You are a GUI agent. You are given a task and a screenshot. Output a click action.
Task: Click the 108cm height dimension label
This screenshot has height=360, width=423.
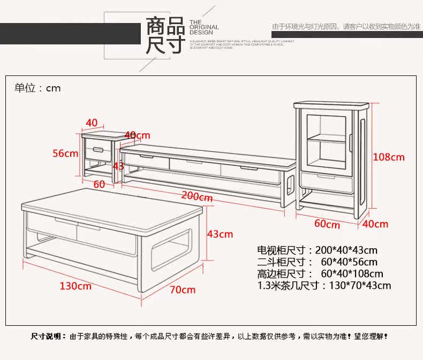[389, 157]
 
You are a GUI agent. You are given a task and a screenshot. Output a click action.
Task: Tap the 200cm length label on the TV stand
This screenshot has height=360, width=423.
[197, 196]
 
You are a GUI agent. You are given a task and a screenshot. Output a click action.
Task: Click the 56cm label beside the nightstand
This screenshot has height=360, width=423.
[65, 154]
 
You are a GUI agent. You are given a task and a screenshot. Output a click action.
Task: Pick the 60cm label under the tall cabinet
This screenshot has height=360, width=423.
[327, 224]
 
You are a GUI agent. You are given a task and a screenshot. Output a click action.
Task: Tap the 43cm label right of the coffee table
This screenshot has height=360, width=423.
[220, 234]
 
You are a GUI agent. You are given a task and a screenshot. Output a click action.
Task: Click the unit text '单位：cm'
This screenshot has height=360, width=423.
[37, 88]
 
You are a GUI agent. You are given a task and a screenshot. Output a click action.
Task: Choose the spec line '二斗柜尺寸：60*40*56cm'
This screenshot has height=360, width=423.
[317, 262]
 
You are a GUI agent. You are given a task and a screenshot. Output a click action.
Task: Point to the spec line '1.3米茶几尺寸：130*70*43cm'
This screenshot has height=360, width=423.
[324, 285]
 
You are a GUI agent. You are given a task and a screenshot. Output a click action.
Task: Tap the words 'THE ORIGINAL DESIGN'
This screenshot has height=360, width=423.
[203, 27]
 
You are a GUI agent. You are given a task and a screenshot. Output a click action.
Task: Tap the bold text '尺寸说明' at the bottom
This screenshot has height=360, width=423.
[46, 337]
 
